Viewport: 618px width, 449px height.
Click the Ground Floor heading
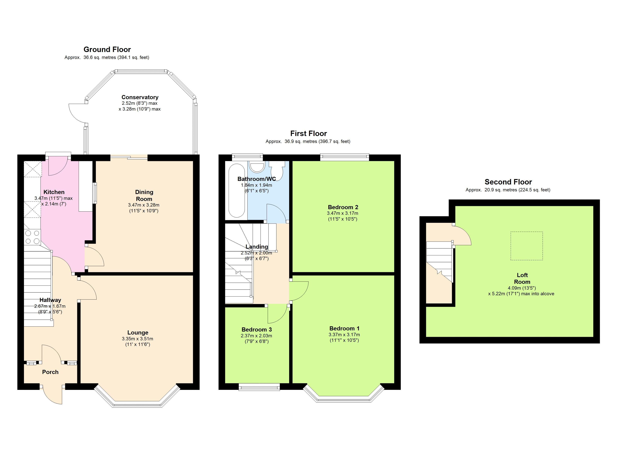click(x=107, y=49)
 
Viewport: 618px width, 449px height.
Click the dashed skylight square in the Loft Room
click(x=526, y=246)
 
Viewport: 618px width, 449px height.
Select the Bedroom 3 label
click(x=257, y=329)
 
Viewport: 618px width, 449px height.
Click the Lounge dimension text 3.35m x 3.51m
click(x=138, y=339)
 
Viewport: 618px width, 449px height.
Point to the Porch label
click(x=50, y=372)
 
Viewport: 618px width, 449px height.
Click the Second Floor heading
click(x=508, y=182)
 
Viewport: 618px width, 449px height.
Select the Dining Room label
click(x=144, y=196)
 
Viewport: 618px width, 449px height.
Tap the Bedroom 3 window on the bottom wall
click(x=259, y=387)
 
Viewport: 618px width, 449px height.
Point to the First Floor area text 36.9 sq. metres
click(x=301, y=141)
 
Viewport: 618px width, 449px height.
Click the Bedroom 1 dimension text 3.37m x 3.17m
click(x=344, y=335)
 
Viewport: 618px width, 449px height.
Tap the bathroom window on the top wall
click(x=247, y=156)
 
